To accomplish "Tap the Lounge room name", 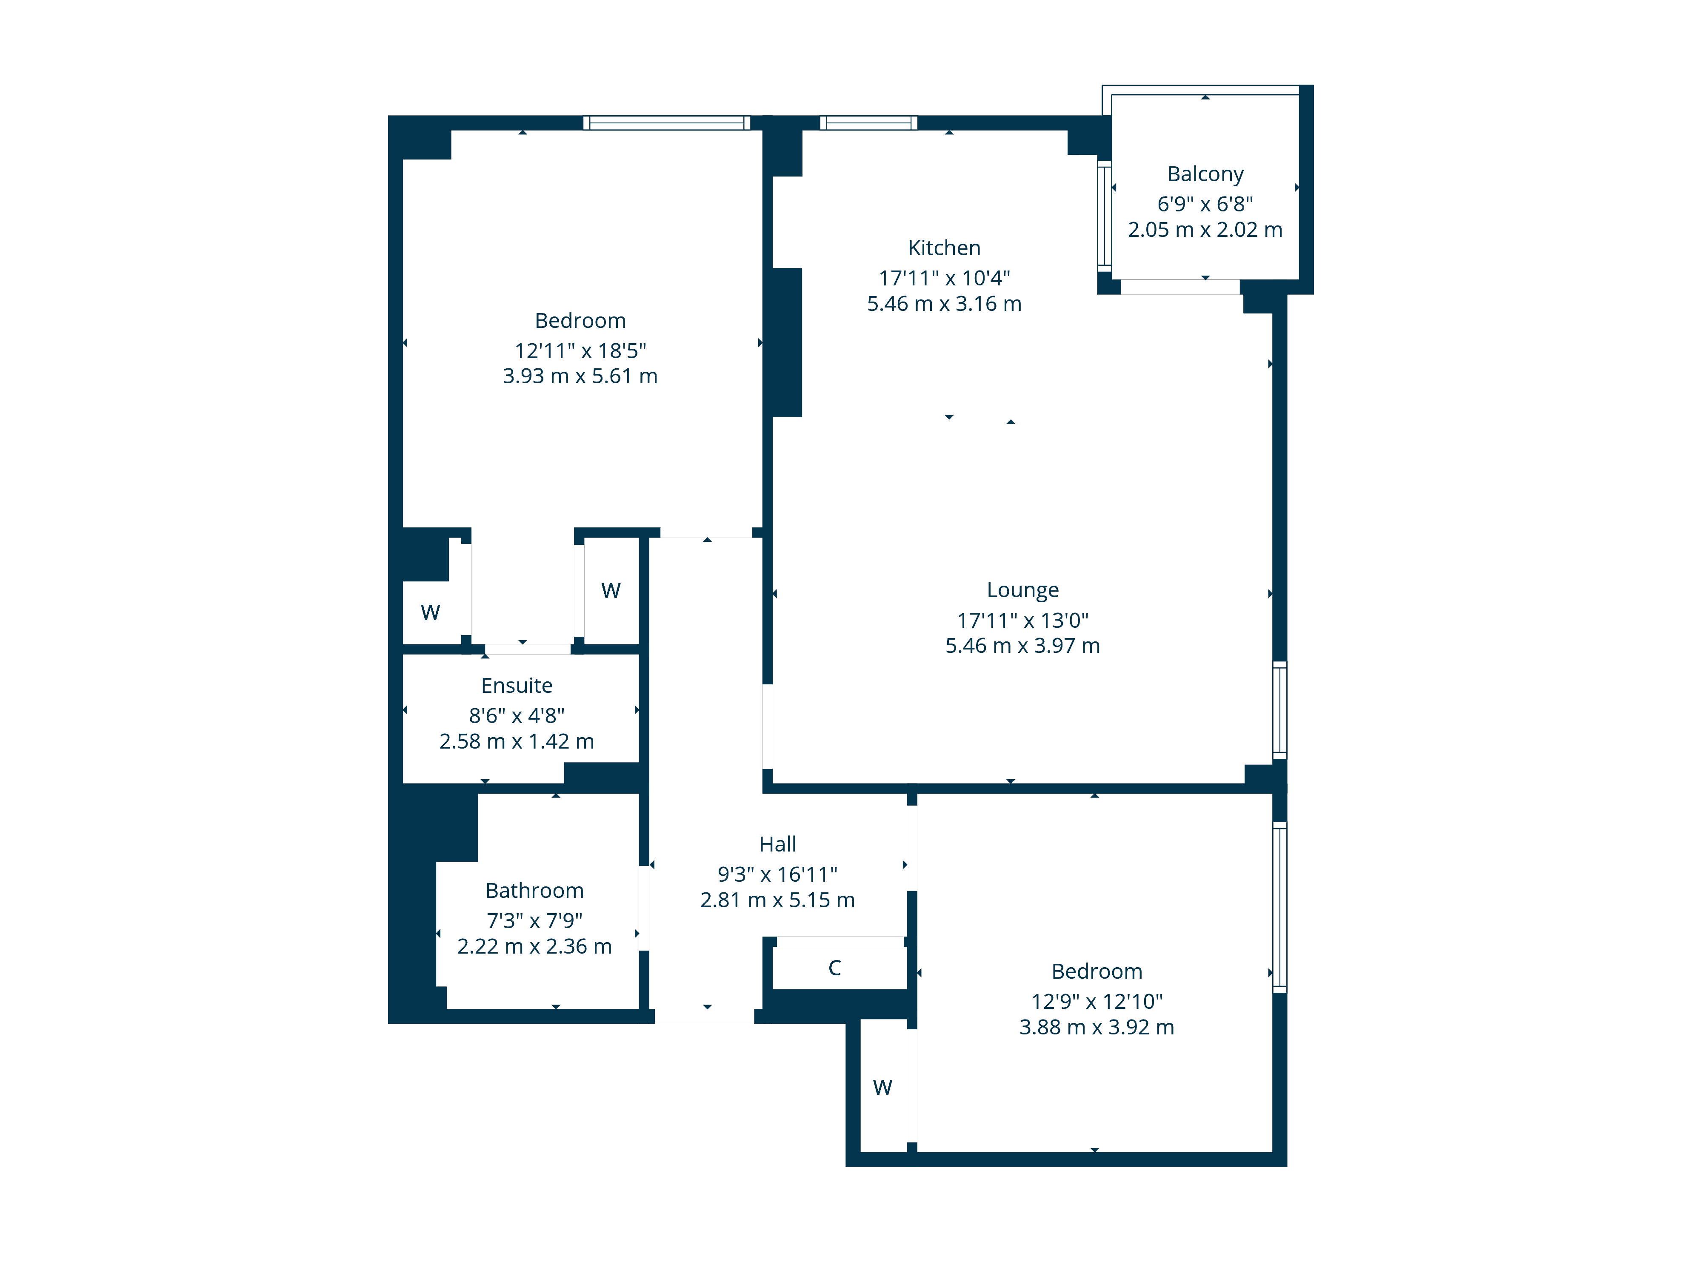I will point(1022,590).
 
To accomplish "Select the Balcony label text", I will point(1205,174).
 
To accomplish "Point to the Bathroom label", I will point(534,891).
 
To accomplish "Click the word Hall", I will point(777,845).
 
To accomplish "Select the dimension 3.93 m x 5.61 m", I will point(580,376).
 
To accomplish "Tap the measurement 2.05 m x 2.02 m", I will point(1205,230).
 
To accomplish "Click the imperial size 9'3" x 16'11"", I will point(777,874).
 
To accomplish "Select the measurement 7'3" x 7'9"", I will point(534,921).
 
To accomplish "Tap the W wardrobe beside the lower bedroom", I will point(882,1088).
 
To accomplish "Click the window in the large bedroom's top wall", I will point(666,123).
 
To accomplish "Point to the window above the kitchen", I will point(869,123).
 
